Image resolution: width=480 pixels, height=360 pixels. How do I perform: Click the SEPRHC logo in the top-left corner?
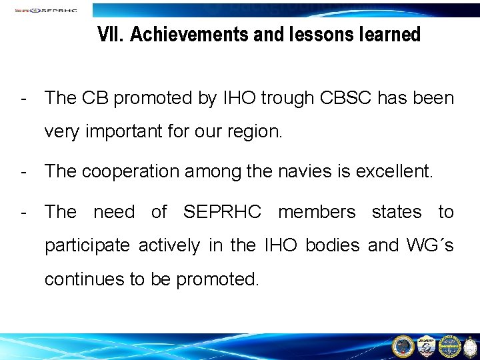(45, 10)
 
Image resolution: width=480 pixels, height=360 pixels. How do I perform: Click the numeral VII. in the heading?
(111, 34)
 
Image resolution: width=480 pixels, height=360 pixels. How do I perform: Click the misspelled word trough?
(287, 99)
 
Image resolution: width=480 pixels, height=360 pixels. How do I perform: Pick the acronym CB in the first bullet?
(96, 99)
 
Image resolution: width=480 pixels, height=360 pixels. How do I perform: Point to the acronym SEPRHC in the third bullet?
(223, 212)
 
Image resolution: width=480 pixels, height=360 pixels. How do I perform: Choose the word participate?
(87, 246)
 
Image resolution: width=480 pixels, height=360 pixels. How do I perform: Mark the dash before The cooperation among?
(24, 172)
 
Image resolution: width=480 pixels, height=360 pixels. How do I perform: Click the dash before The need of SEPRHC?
(24, 212)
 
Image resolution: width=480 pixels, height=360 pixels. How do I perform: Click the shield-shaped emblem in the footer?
(426, 345)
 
